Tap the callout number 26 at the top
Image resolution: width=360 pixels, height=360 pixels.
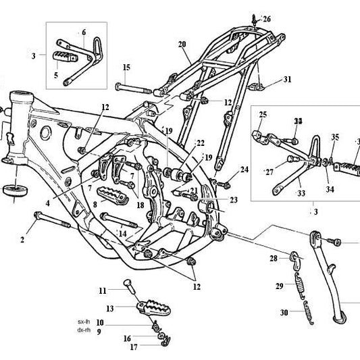pos(266,19)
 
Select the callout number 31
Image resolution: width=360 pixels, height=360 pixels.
pos(287,80)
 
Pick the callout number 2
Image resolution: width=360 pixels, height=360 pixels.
pos(22,238)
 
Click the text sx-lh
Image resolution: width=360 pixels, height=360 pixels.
pos(84,322)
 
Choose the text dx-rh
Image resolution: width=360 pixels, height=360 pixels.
pos(84,331)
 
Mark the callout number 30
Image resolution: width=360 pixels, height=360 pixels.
pos(284,313)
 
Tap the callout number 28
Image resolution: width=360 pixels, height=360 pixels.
pos(274,259)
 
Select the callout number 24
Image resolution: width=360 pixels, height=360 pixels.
pos(245,170)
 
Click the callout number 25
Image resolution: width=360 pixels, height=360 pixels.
pos(263,114)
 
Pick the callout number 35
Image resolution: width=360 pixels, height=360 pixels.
pos(334,137)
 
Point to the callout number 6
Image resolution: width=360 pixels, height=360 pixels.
pos(84,32)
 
